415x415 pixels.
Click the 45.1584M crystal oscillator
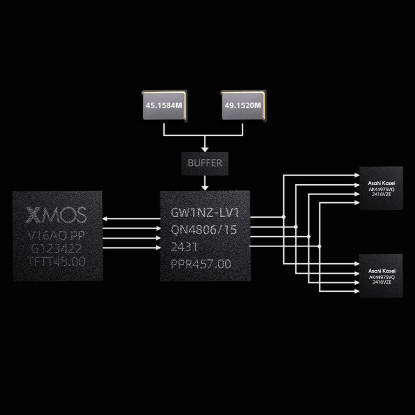point(162,105)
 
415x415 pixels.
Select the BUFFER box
point(205,163)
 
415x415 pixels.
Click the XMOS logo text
point(56,215)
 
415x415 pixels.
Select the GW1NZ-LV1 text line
point(204,213)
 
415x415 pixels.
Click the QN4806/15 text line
point(204,230)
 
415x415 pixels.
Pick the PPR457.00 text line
point(200,264)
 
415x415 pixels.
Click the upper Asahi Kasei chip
point(381,188)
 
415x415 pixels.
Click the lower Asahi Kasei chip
point(381,276)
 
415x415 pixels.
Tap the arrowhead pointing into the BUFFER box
point(205,148)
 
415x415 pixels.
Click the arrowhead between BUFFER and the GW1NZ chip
point(205,187)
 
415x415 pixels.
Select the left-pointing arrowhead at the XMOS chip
point(105,218)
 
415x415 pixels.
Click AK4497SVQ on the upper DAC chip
point(381,190)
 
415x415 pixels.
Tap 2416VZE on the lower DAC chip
point(381,283)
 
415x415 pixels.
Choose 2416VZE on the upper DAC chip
point(381,195)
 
